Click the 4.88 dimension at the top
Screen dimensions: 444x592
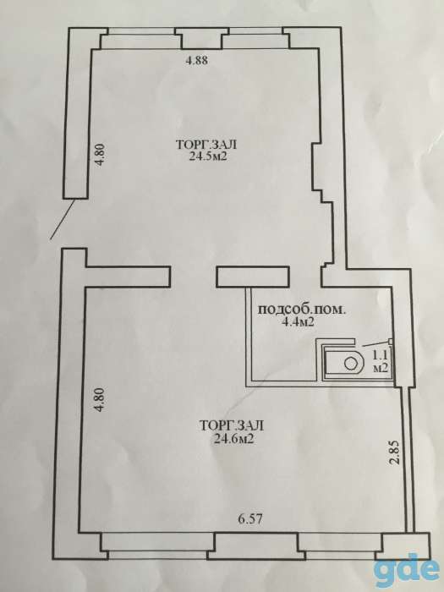pyautogui.click(x=196, y=60)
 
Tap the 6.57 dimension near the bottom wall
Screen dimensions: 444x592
pyautogui.click(x=250, y=518)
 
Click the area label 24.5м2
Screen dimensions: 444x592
pyautogui.click(x=207, y=157)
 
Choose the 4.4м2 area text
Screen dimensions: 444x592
pyautogui.click(x=301, y=322)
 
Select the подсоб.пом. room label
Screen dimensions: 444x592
pyautogui.click(x=301, y=310)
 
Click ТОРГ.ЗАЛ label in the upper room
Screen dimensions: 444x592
pyautogui.click(x=206, y=145)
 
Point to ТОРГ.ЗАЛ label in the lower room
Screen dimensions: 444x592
pyautogui.click(x=232, y=426)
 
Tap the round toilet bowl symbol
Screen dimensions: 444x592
pyautogui.click(x=350, y=364)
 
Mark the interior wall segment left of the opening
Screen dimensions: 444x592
pyautogui.click(x=128, y=277)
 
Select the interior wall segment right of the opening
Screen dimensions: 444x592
pyautogui.click(x=253, y=277)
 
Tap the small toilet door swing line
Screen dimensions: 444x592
pyautogui.click(x=375, y=343)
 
